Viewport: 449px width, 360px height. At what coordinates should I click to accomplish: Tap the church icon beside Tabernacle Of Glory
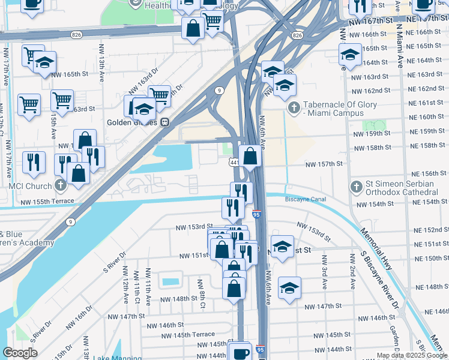click(x=294, y=108)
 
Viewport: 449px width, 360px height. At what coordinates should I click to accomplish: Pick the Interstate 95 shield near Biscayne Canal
click(x=256, y=214)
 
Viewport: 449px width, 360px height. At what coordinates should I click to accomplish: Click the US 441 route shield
click(x=234, y=162)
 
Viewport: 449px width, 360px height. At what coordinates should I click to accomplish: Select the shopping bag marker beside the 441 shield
click(x=250, y=157)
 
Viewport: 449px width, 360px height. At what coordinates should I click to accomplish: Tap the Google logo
click(x=20, y=353)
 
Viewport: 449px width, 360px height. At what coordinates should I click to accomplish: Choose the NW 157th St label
click(x=324, y=164)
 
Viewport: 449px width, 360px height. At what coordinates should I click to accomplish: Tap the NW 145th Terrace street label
click(x=188, y=334)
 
